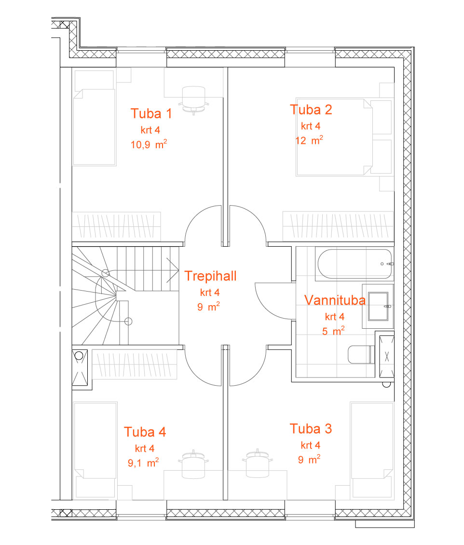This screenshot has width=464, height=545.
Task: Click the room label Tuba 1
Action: pos(151,113)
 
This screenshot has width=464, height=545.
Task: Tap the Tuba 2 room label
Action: pos(311,110)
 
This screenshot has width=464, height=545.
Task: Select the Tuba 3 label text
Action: pos(311,429)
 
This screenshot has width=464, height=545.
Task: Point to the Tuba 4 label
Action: pos(145,432)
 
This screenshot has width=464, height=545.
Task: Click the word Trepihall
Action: pos(210,276)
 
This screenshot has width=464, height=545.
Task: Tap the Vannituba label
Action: pos(335,300)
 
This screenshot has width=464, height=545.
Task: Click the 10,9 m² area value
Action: pos(149,144)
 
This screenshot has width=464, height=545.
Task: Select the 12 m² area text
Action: pos(309,140)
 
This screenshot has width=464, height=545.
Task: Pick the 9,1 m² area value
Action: pos(143,463)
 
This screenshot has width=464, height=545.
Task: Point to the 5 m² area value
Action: pos(333,331)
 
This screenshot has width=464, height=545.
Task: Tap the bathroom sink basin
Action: pos(378,306)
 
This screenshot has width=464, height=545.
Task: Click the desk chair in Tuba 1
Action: pos(193,100)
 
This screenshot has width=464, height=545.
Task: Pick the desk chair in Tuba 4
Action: pos(193,464)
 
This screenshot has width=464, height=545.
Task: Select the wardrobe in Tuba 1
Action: pos(116,226)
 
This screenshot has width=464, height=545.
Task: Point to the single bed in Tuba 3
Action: pos(371,450)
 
